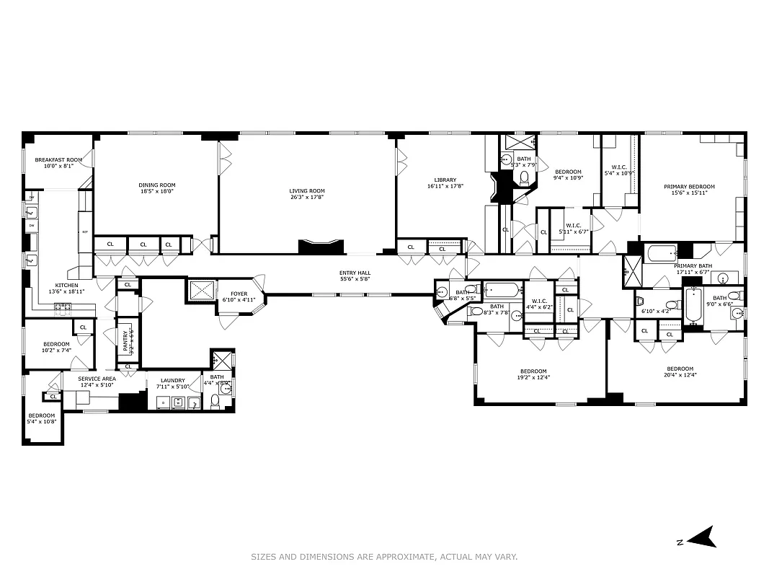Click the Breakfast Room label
(x=58, y=159)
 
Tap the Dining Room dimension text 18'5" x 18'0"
(x=157, y=192)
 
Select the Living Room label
(x=307, y=191)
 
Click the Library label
(x=445, y=180)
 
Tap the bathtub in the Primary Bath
(x=661, y=253)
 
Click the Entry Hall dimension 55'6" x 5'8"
(x=355, y=279)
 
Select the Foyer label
(x=239, y=294)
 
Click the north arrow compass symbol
(x=699, y=537)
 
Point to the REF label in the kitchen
(x=84, y=232)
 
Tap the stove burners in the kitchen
(x=63, y=307)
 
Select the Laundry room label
(x=172, y=380)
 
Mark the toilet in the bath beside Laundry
(x=215, y=402)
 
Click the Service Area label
(x=97, y=379)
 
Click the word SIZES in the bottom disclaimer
(x=264, y=557)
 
